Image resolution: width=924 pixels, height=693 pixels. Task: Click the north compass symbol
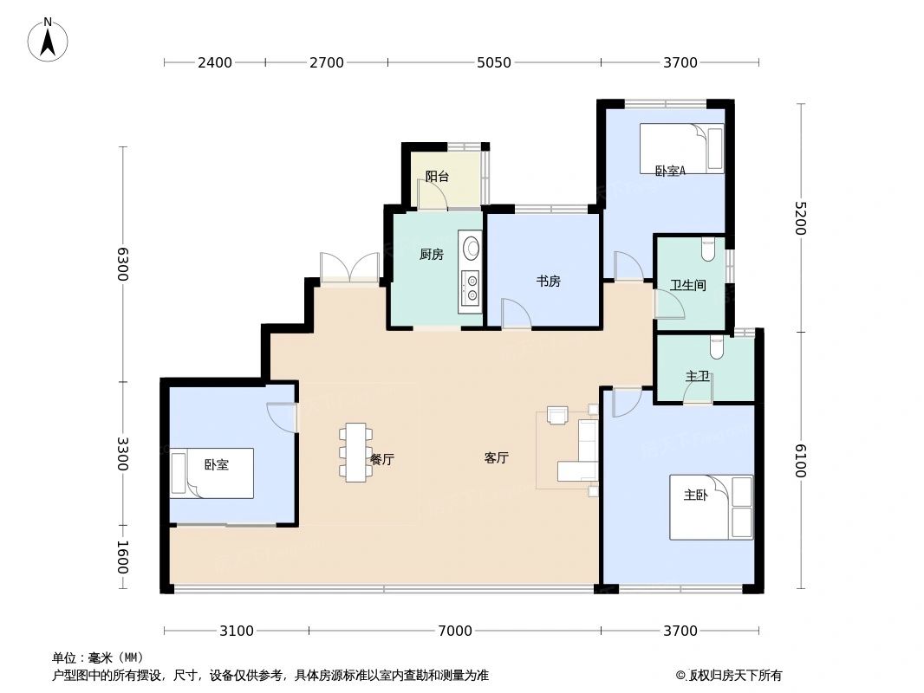coord(49,40)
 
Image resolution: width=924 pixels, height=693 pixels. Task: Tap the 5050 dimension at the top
coord(494,62)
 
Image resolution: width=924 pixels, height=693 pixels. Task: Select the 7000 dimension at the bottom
coord(454,631)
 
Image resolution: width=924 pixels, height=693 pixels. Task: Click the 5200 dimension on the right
coord(800,218)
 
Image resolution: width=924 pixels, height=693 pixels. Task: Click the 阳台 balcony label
coord(437,177)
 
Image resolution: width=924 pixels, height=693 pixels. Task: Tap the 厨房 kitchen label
coord(431,255)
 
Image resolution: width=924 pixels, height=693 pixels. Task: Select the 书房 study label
coord(548,281)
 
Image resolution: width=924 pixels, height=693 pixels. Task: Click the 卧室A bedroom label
coord(670,171)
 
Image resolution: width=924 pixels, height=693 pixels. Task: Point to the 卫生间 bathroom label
coord(687,285)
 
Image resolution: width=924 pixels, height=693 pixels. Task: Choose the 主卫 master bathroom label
coord(697,376)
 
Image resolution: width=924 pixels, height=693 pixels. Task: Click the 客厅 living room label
coord(496,458)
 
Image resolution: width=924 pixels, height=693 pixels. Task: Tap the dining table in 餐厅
coord(355,451)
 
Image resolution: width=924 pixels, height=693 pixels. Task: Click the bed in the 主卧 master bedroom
coord(711,507)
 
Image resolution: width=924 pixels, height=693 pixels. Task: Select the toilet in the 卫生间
coord(708,249)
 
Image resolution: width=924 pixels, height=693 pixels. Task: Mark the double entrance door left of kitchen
coord(349,268)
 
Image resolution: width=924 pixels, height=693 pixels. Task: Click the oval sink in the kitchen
coord(471,249)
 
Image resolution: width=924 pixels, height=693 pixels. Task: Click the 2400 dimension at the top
coord(214,62)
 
